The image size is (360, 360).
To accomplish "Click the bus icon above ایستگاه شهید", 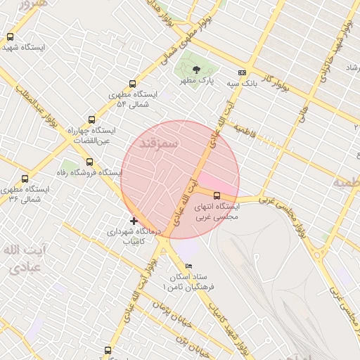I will pos(10,37).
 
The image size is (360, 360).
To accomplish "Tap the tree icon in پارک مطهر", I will pos(195,69).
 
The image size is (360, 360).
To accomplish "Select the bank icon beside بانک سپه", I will pos(243,72).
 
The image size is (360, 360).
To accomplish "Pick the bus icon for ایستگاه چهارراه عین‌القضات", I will pos(91,120).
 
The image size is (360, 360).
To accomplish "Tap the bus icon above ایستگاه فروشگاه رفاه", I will pos(88,162).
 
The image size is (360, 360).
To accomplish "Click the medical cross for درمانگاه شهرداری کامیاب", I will pos(134,221).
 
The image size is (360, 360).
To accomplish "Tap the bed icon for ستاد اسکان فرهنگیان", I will pos(188,266).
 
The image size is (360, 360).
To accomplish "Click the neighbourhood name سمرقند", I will pos(160,143).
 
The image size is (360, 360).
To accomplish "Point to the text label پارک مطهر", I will pos(196,80).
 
